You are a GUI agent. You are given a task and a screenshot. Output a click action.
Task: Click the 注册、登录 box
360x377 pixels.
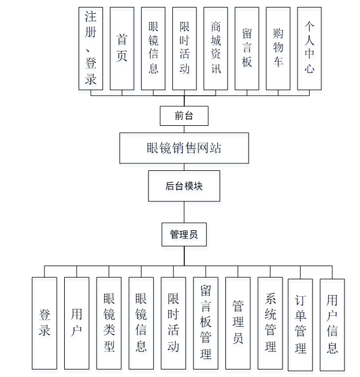[x=91, y=48]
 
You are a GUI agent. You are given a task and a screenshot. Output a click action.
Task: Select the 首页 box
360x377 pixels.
[x=122, y=48]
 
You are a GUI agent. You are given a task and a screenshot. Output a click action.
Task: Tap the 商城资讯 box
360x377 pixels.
[x=216, y=48]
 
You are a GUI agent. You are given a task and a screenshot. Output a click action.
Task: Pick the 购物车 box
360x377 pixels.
[x=278, y=48]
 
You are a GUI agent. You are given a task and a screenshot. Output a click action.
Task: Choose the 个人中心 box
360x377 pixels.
[x=309, y=48]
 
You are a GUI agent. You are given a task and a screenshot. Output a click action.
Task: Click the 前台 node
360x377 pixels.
[x=184, y=116]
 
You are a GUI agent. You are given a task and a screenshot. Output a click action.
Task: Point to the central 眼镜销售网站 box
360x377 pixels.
[x=184, y=148]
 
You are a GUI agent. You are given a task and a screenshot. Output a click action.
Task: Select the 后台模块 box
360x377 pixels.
[x=184, y=186]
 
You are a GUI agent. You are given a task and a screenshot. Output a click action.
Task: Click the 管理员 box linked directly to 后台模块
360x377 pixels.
[x=184, y=235]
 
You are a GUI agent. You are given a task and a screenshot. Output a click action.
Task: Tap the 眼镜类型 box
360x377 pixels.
[x=109, y=323]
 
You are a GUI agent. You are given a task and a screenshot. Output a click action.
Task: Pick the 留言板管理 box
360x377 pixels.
[x=206, y=323]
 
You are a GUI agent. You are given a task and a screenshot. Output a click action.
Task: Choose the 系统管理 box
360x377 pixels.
[x=270, y=323]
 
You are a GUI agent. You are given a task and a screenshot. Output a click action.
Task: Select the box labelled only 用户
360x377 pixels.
[x=76, y=323]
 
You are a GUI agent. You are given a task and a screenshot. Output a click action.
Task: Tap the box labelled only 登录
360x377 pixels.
[x=44, y=323]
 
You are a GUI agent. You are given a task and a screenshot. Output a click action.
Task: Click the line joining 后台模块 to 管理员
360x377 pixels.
[x=184, y=212]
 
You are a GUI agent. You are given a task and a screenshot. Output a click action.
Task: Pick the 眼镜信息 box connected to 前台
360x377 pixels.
[x=153, y=48]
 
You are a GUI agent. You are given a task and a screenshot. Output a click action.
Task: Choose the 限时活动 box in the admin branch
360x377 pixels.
[x=173, y=323]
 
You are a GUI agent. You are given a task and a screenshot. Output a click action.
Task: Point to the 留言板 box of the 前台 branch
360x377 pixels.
[x=247, y=48]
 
